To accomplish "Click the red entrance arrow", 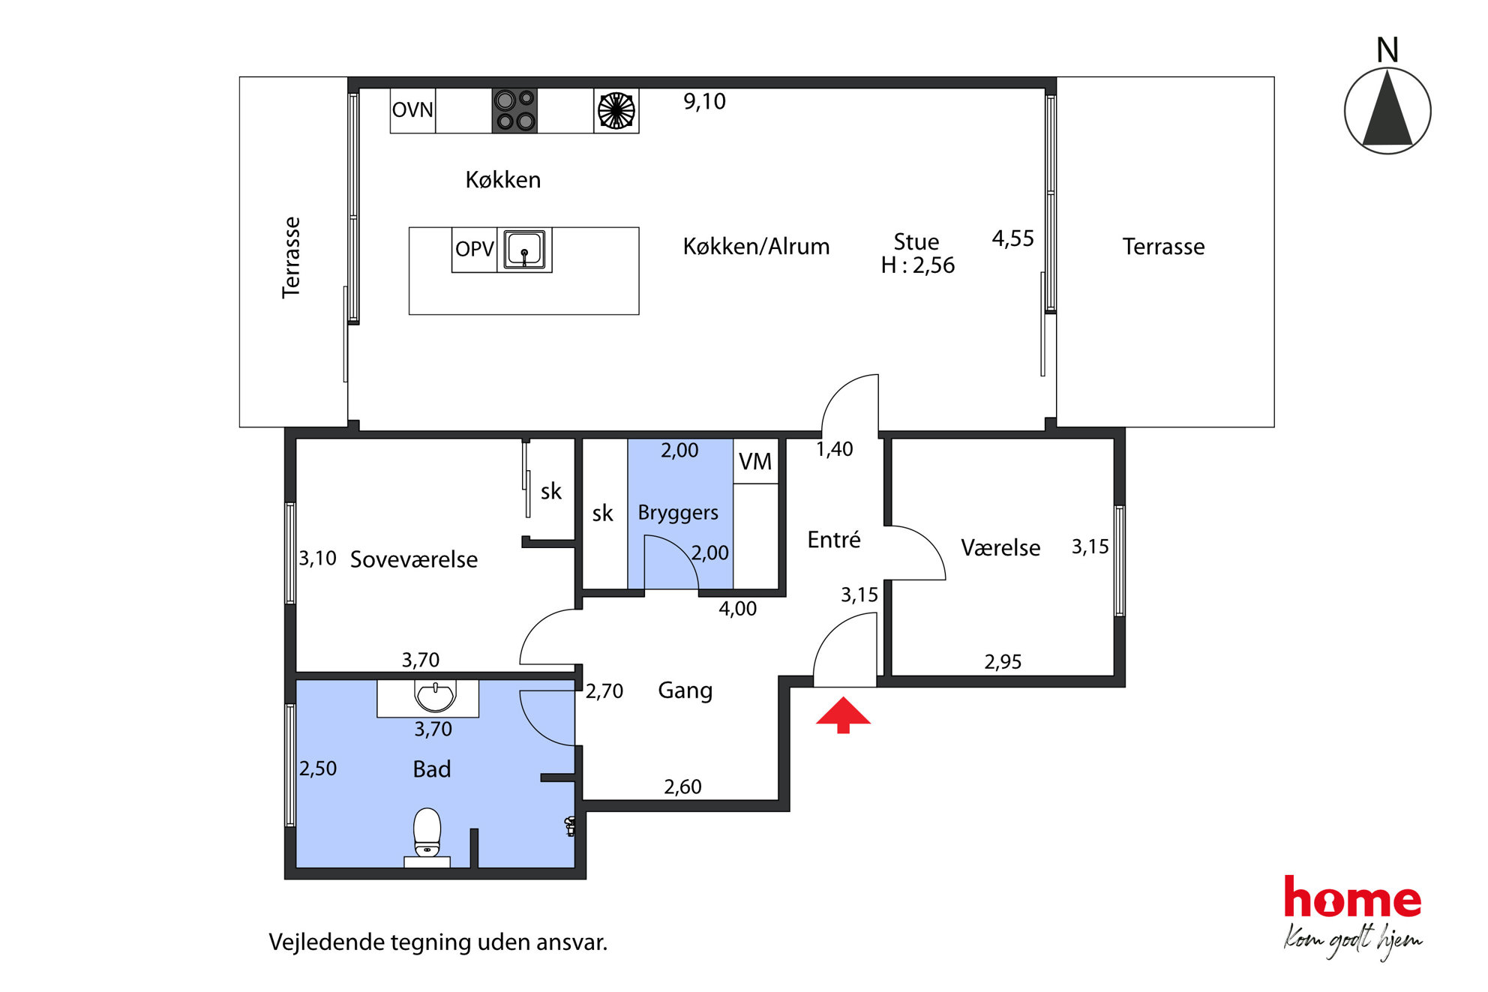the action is pos(843,715).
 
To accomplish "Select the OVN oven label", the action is pos(412,110).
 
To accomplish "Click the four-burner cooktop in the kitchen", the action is pos(514,111).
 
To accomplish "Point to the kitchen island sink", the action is pos(524,250).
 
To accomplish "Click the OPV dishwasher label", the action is pos(474,249).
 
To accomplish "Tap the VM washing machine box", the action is pos(755,461).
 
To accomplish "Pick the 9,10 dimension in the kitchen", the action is pos(704,101).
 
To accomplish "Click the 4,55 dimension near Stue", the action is pos(1012,238).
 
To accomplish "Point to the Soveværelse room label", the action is pos(414,559).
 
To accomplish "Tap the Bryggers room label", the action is pos(678,513).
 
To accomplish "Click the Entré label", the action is pos(834,539).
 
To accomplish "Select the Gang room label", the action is pos(685,691).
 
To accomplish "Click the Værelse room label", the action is pos(1000,547).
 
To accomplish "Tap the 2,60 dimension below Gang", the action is pos(682,787).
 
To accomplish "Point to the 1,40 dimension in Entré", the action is pos(834,449).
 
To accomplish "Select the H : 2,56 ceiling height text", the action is pos(918,265).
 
